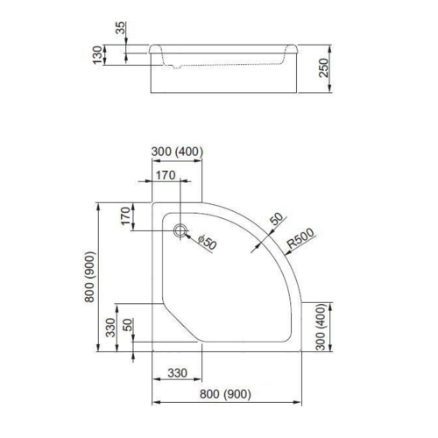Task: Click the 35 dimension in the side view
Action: [120, 28]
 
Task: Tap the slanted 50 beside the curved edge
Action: [275, 218]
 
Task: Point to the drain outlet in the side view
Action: [179, 66]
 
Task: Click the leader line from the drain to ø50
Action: [193, 237]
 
